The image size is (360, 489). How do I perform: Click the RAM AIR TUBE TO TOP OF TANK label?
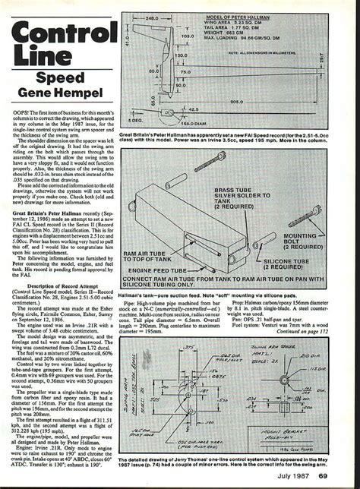(x=162, y=241)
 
